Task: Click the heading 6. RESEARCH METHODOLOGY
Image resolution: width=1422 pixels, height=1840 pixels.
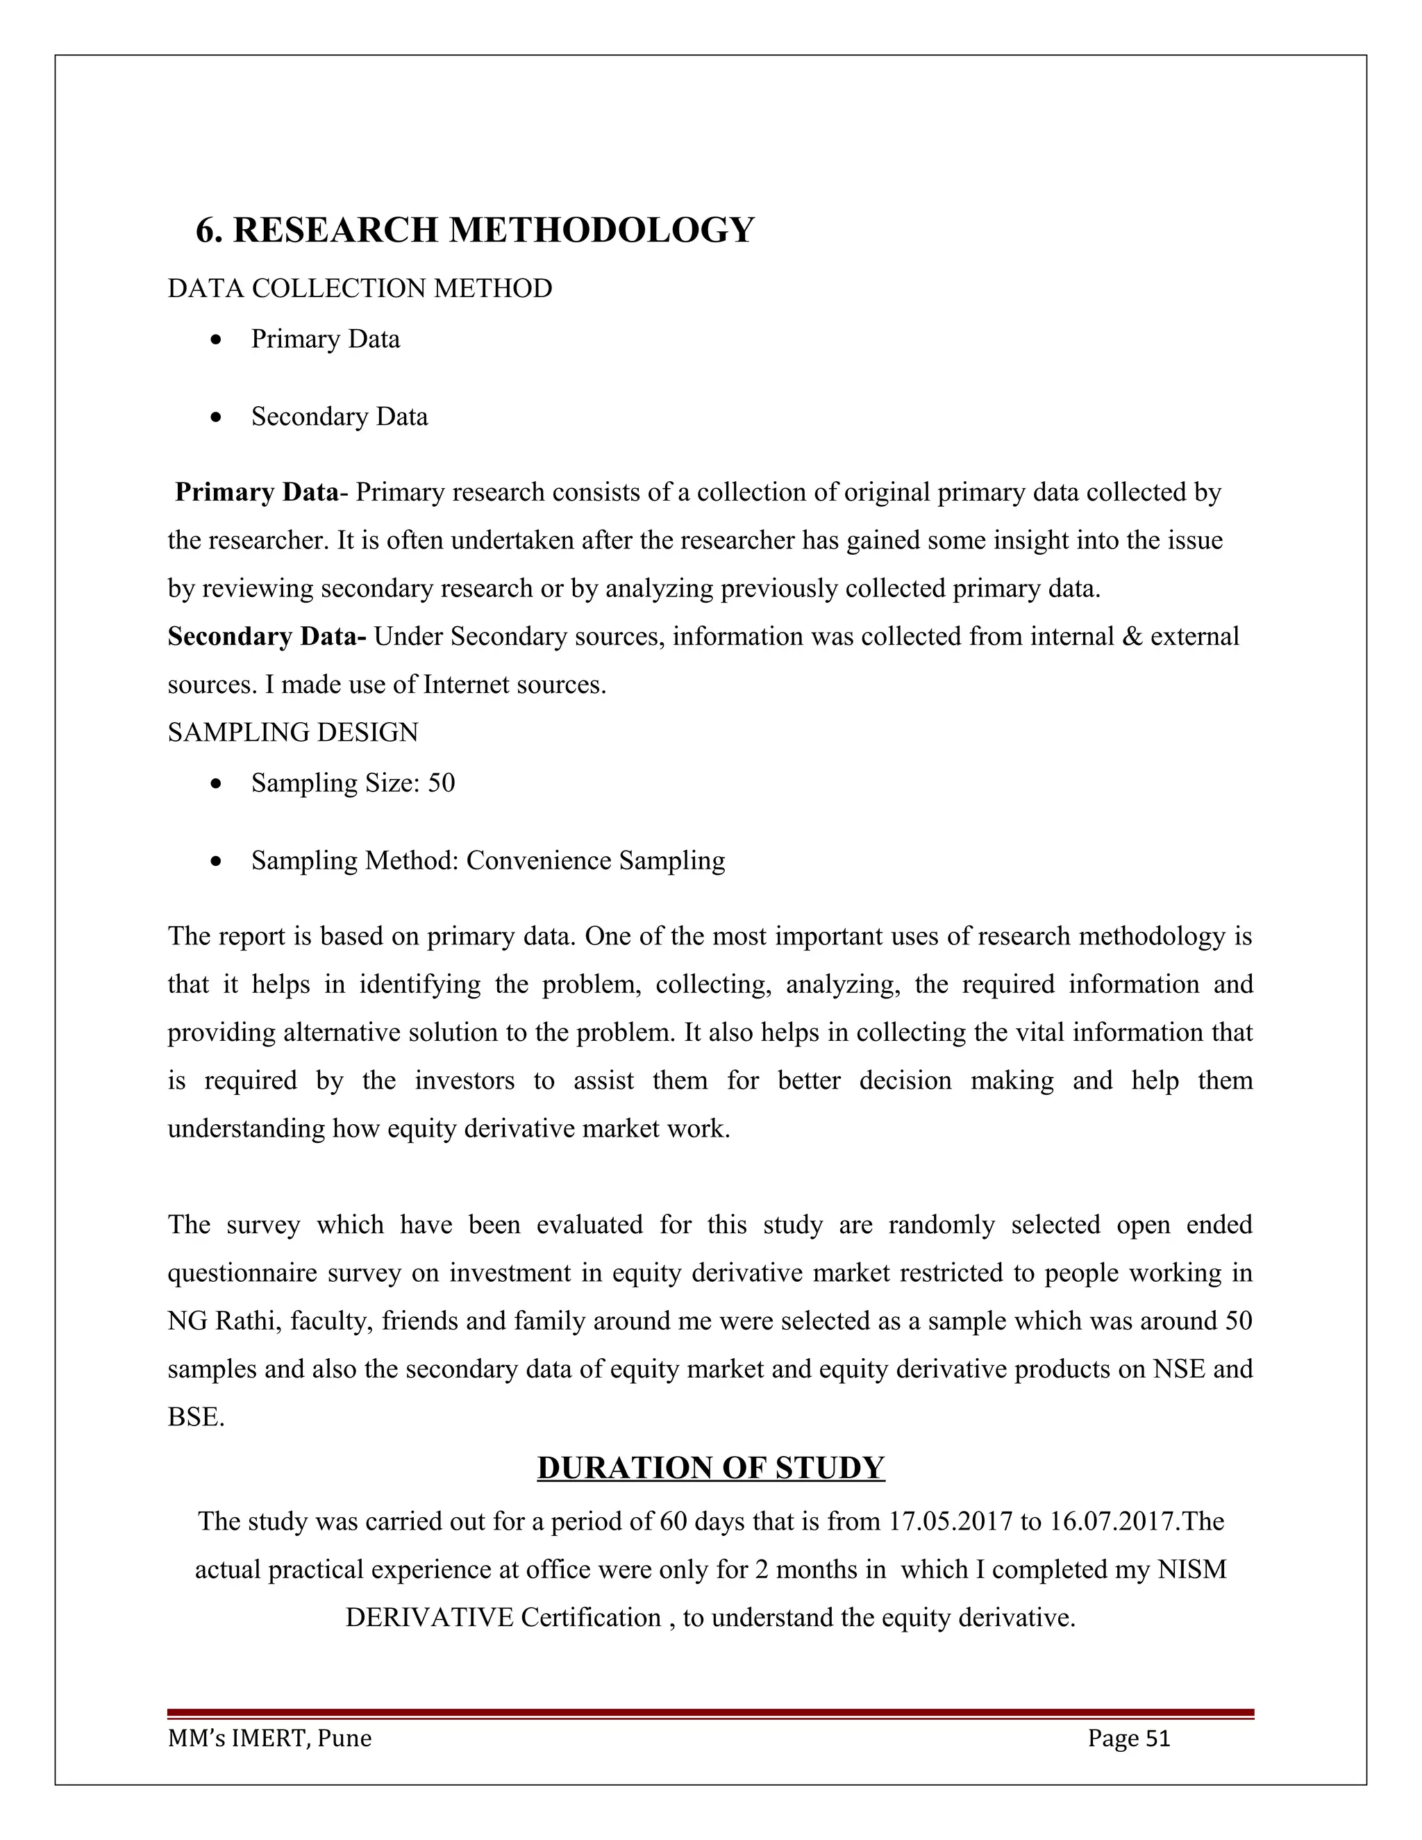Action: (474, 230)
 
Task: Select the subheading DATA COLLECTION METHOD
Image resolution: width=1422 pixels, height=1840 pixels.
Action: (360, 288)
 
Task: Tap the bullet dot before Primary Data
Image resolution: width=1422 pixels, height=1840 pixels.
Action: (217, 340)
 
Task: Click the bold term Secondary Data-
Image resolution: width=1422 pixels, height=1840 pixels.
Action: (266, 636)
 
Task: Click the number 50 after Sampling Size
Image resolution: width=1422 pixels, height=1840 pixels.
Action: (442, 783)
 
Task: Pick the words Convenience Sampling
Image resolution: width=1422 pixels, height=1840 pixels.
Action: (596, 860)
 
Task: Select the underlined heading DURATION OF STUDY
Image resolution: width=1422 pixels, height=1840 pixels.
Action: (710, 1468)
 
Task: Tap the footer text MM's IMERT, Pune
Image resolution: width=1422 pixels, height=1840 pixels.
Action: (269, 1738)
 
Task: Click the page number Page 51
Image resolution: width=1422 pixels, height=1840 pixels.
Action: (1128, 1738)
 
